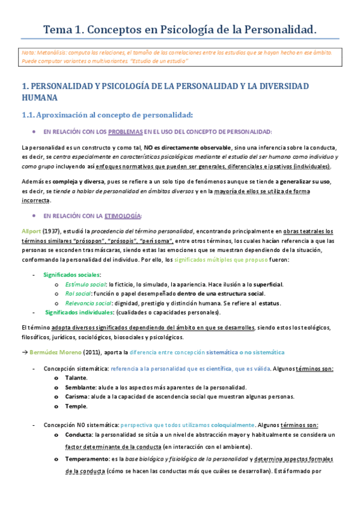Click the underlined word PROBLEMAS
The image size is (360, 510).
point(126,132)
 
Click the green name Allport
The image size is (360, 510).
point(30,231)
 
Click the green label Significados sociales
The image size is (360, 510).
point(70,274)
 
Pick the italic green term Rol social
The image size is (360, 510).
point(78,293)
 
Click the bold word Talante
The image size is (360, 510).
point(76,378)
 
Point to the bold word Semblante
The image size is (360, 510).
point(81,387)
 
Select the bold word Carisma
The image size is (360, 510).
point(78,396)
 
